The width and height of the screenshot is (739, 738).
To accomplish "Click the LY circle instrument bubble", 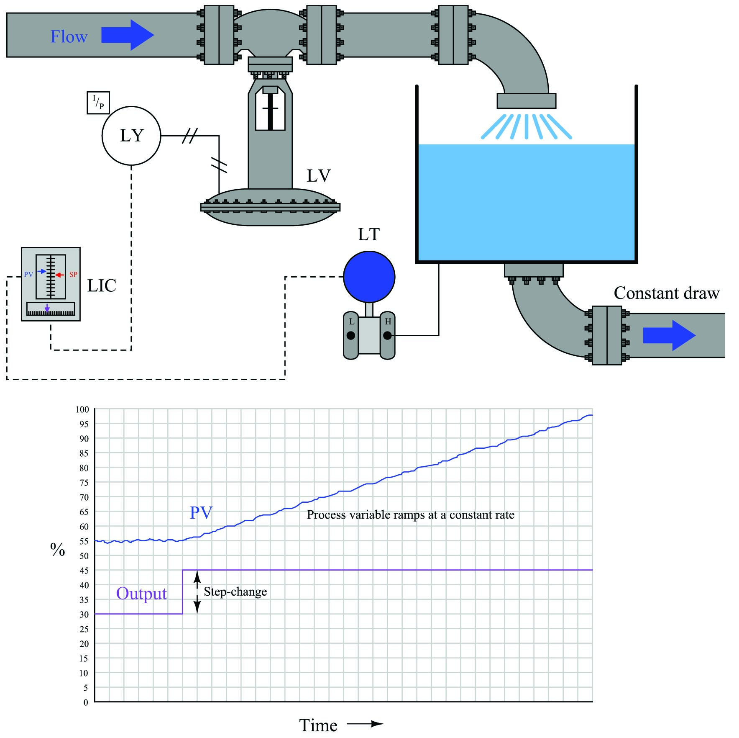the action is [131, 136].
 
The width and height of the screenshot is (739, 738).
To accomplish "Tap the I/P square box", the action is [98, 103].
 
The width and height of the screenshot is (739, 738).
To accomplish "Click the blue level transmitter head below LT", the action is [369, 277].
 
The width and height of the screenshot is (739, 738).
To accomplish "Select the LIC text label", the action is [102, 285].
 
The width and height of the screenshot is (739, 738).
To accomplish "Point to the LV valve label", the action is [319, 176].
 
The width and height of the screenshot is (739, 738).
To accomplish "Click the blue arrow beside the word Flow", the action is [128, 35].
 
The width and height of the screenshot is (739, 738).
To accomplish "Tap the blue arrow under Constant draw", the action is [669, 335].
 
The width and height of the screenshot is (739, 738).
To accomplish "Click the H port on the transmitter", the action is [388, 335].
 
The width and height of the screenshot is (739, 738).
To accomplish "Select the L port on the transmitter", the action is [351, 335].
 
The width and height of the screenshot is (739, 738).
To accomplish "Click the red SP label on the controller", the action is [73, 275].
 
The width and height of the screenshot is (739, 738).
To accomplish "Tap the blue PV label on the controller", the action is [28, 275].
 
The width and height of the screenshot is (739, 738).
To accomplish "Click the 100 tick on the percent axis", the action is [82, 409].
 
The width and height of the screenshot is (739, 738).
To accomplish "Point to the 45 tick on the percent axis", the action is [84, 571].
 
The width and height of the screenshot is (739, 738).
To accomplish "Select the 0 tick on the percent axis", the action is [86, 702].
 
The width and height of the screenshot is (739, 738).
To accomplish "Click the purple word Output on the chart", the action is [141, 594].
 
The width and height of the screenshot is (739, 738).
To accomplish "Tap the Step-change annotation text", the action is [235, 592].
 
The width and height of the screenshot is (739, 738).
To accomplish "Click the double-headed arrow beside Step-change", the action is [197, 592].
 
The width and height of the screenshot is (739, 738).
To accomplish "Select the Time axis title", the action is [318, 725].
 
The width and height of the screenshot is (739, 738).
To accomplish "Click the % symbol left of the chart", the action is [58, 549].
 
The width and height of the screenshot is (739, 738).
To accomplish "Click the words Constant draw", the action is [667, 293].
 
